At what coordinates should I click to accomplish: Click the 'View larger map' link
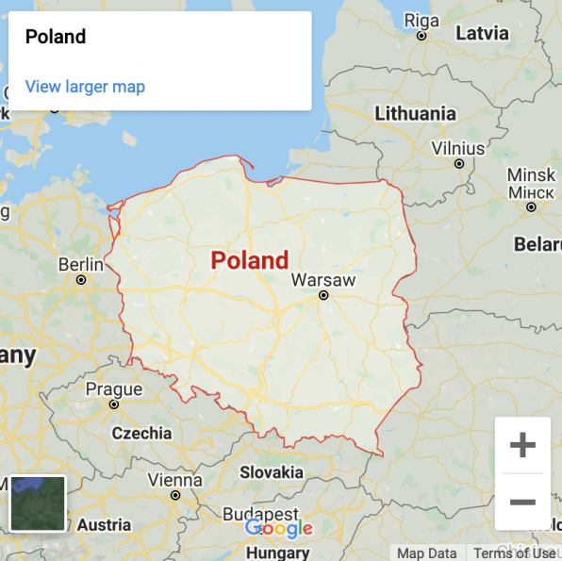click(85, 87)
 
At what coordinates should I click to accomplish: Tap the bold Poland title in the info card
click(56, 37)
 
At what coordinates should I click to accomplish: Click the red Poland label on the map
click(249, 260)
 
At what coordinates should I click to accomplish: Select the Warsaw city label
click(323, 280)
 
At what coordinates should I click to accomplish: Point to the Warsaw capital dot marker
click(323, 295)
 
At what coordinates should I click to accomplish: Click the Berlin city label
click(81, 265)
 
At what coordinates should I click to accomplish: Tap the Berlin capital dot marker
click(82, 280)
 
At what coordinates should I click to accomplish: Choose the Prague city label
click(113, 389)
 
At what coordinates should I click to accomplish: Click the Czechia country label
click(141, 433)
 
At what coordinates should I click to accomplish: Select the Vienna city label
click(174, 480)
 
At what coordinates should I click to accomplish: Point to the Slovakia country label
click(272, 471)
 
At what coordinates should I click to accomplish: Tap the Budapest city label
click(260, 514)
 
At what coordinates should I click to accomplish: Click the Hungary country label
click(277, 553)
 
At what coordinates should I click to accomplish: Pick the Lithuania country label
click(415, 113)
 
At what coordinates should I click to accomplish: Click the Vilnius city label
click(458, 148)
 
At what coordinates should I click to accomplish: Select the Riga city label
click(421, 21)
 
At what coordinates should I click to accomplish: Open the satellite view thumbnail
click(38, 503)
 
